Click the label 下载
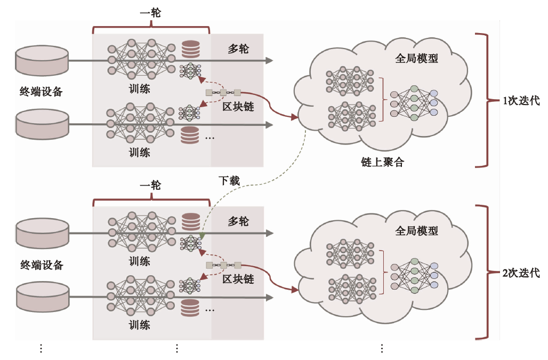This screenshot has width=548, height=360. [229, 180]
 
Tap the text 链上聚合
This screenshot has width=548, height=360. [382, 162]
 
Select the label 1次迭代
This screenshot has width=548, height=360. [521, 101]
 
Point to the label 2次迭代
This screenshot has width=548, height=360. [521, 273]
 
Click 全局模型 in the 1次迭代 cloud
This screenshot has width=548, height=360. [416, 59]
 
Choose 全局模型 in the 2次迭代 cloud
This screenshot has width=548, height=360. [416, 231]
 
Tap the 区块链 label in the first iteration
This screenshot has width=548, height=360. [238, 107]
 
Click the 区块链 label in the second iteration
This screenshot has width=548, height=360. [238, 279]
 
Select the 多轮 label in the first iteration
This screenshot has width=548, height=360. [238, 50]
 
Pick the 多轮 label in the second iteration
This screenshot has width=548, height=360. [238, 221]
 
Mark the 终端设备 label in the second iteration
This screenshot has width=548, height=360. [42, 265]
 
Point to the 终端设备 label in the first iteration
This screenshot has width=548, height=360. [42, 92]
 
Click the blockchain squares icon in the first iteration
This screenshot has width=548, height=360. [223, 93]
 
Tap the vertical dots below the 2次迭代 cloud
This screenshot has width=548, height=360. [382, 348]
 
